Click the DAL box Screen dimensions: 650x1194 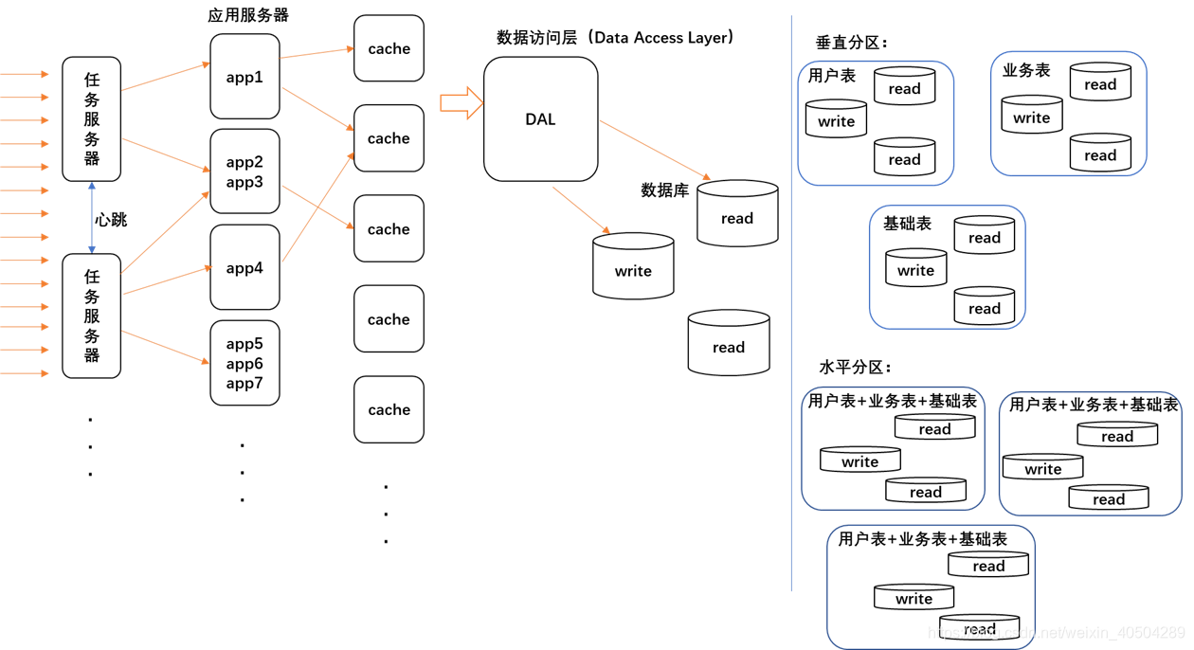coord(540,119)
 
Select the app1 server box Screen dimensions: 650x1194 coord(244,77)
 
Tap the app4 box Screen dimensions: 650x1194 coord(244,267)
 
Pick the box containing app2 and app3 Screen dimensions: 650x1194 coord(244,172)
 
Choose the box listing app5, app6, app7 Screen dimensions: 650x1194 coord(244,363)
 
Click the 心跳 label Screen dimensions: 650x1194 coord(111,220)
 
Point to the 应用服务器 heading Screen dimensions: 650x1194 coord(248,15)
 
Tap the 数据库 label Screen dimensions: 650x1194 coord(664,190)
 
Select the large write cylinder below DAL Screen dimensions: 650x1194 coord(633,268)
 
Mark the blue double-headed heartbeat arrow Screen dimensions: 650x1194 coord(92,218)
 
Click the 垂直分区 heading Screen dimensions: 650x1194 coord(852,43)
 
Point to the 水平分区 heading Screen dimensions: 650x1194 coord(855,368)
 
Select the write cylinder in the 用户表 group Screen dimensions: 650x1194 coord(836,120)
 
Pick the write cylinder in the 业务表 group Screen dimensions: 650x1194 coord(1031,117)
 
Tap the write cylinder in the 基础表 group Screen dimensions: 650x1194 coord(915,269)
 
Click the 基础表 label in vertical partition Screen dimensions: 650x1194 coord(907,225)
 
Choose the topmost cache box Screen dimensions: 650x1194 coord(389,48)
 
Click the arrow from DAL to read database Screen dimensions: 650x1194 coord(654,150)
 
